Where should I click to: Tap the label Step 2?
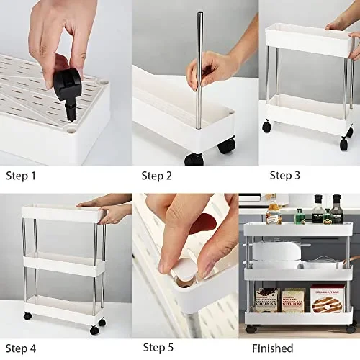point(156,175)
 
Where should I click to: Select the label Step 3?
point(285,174)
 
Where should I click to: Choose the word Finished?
point(272,348)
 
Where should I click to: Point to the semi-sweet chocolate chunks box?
point(267,300)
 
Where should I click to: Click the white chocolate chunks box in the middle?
point(294,300)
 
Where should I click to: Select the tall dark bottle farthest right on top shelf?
point(336,210)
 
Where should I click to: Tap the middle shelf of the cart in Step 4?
point(63,262)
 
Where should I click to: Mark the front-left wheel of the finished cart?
point(251,329)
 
